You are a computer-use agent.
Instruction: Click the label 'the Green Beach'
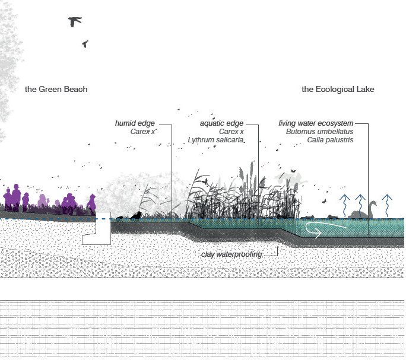(56, 90)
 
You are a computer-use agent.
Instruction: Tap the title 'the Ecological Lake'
(338, 90)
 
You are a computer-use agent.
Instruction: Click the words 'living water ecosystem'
(316, 123)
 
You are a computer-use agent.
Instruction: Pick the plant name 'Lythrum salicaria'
(215, 140)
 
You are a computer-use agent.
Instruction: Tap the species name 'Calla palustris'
(330, 140)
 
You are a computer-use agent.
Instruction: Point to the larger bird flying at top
(75, 22)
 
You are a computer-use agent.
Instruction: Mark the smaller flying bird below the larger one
(85, 44)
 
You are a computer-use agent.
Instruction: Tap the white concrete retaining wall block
(97, 229)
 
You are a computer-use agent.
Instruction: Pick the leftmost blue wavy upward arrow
(344, 203)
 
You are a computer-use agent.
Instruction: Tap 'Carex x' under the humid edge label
(142, 132)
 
